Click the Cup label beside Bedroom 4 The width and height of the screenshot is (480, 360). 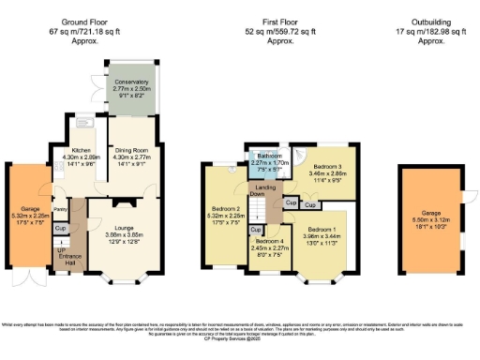pos(255,230)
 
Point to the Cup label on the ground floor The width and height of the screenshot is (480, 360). pos(60,229)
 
